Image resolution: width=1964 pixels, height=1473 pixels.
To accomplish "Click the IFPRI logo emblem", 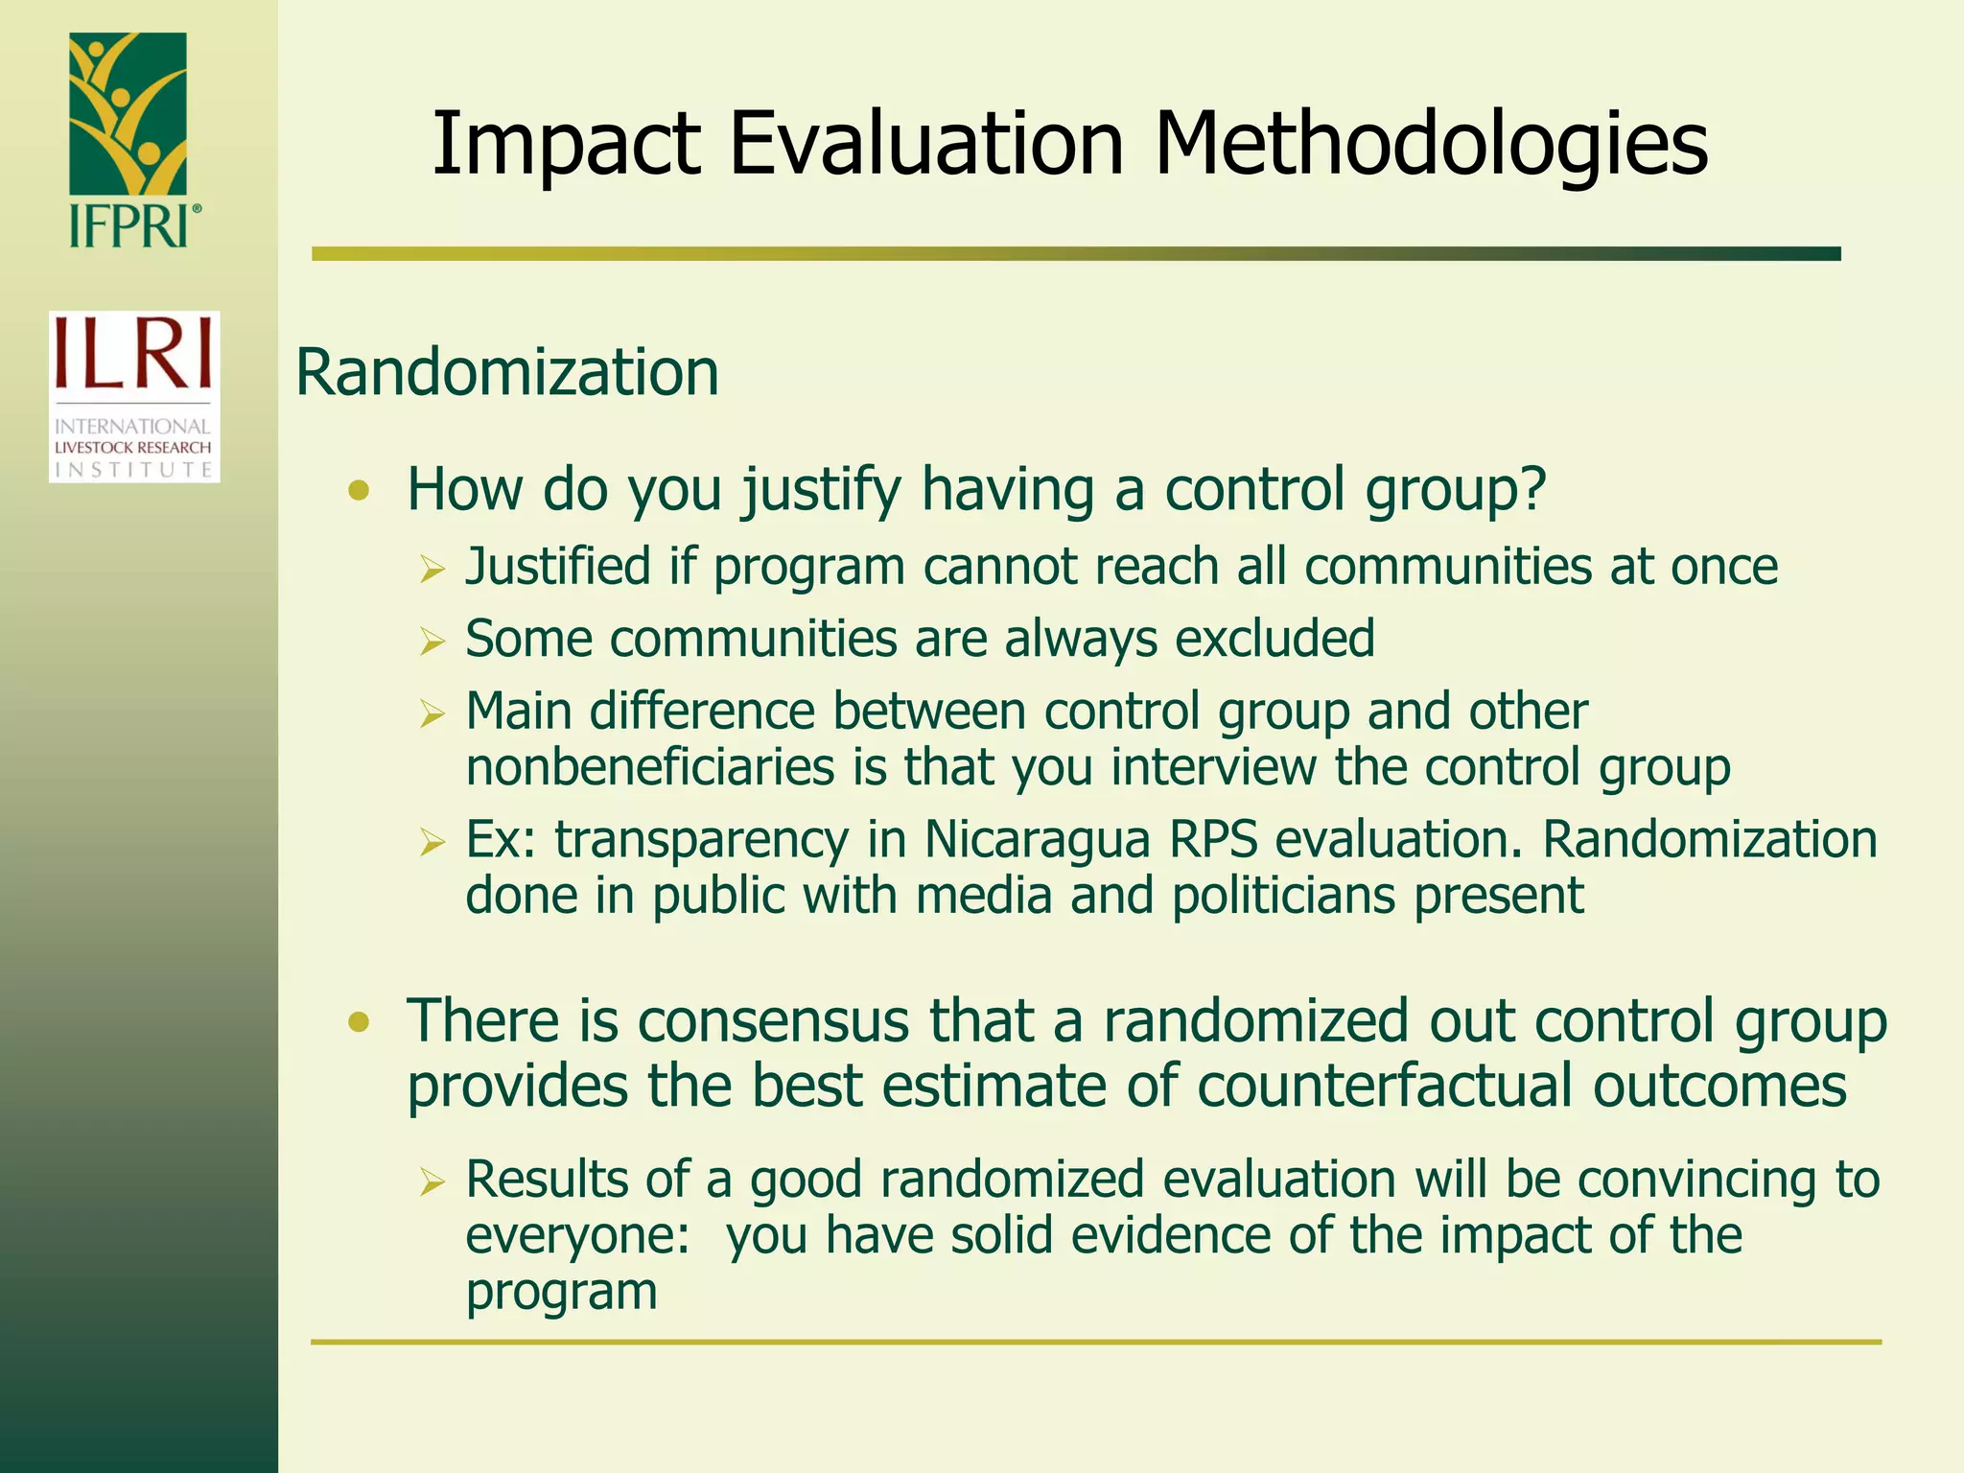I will pos(128,115).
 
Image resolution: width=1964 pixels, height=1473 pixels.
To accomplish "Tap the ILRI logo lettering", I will pos(133,354).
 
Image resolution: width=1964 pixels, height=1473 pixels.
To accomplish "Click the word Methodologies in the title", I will pos(1431,145).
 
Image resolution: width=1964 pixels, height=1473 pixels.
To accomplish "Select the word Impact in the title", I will pos(566,145).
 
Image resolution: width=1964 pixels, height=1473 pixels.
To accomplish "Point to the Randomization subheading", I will pos(506,372).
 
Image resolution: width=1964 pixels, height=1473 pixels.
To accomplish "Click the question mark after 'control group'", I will pos(1532,489).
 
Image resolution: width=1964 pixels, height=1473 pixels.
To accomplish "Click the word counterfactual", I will pos(1385,1087).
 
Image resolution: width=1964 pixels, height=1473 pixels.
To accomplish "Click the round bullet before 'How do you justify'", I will pos(359,492).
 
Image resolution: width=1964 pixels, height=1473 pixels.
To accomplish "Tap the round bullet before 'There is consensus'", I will pos(359,1023).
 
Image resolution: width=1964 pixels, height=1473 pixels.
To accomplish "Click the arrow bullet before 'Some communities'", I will pos(433,643).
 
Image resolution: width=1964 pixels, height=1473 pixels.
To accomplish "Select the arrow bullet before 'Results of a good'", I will pos(433,1183).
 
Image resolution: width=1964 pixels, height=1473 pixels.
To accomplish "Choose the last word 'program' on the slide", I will pos(561,1292).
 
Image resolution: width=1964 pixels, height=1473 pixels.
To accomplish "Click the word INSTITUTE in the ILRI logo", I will pos(133,470).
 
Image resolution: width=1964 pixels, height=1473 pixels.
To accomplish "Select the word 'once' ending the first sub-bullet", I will pos(1724,566).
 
